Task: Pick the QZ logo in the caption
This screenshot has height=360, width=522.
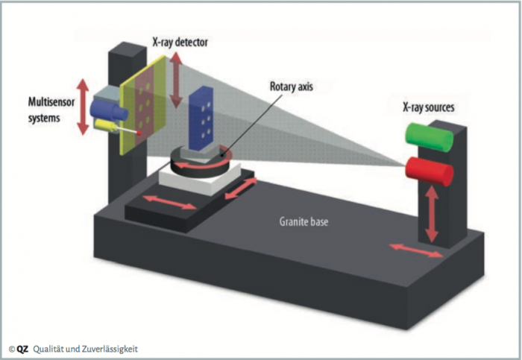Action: click(24, 348)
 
